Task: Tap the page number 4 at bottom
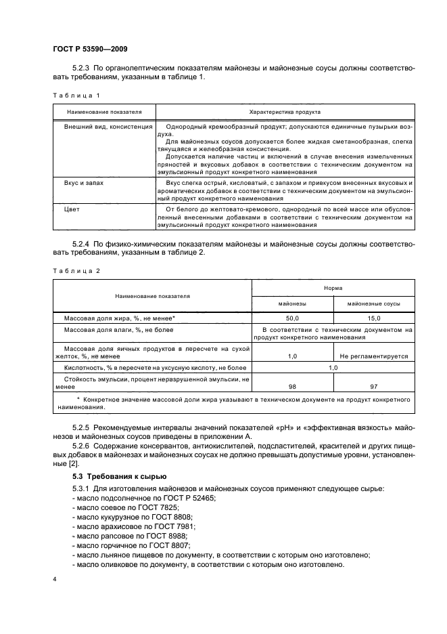[54, 580]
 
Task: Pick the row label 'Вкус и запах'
[83, 183]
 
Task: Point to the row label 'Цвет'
[72, 209]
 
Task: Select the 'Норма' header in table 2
[333, 288]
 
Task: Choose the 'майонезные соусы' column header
[373, 304]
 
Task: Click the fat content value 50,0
[293, 317]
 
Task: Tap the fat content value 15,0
[373, 317]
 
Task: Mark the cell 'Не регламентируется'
[373, 355]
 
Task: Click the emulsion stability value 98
[293, 385]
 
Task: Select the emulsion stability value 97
[373, 385]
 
